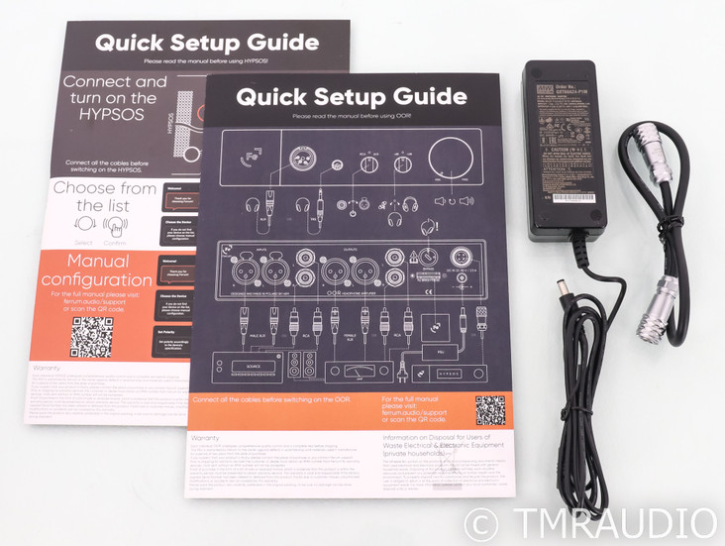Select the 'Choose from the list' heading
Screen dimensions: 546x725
(104, 196)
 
